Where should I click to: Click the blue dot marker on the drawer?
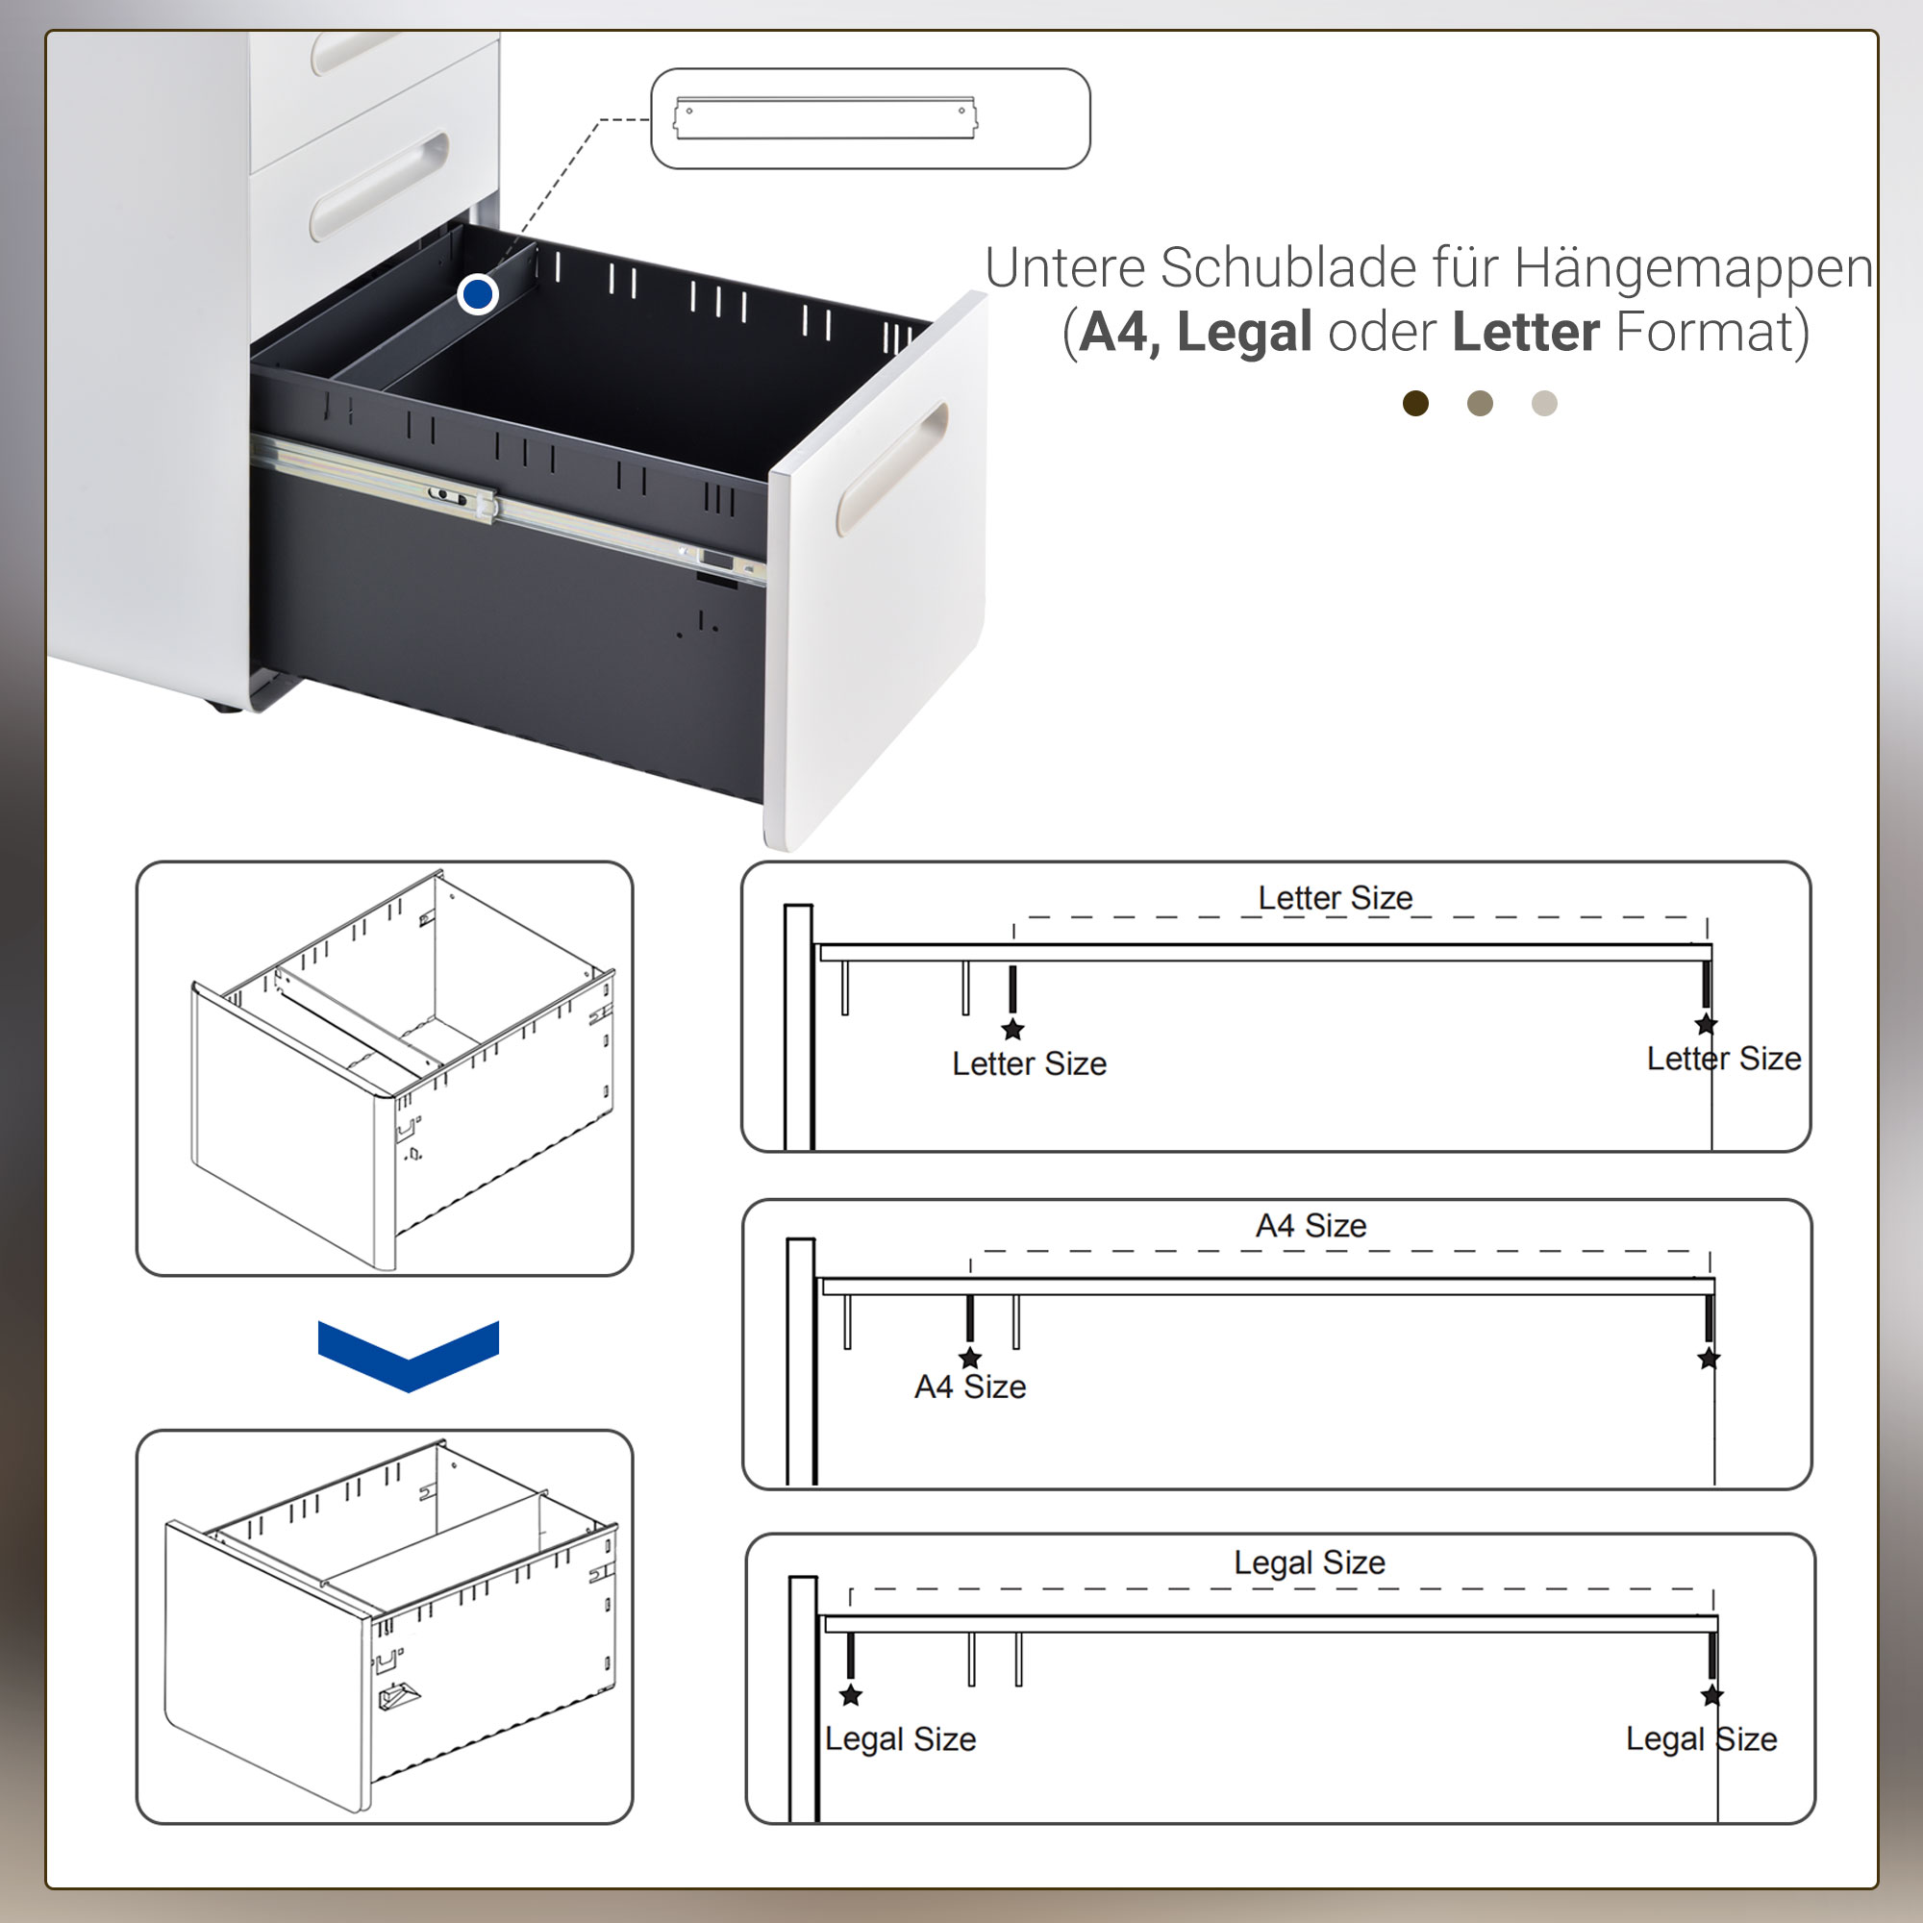click(478, 293)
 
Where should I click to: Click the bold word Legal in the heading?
click(1244, 332)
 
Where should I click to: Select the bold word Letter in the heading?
click(1526, 332)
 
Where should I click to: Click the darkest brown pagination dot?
click(1415, 403)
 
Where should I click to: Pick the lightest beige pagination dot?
click(1544, 403)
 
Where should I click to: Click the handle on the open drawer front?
click(892, 468)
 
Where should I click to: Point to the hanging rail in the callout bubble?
click(825, 118)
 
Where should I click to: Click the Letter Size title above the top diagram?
click(1335, 898)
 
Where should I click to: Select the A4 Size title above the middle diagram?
click(1311, 1225)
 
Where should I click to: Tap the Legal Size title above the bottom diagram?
click(1309, 1561)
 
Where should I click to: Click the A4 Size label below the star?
click(970, 1386)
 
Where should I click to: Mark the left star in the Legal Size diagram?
click(851, 1695)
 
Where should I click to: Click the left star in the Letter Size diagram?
click(1012, 1029)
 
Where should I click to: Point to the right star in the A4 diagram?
click(1709, 1358)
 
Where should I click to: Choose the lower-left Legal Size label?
click(901, 1738)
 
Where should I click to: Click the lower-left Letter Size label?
click(1029, 1063)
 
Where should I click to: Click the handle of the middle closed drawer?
click(378, 187)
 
